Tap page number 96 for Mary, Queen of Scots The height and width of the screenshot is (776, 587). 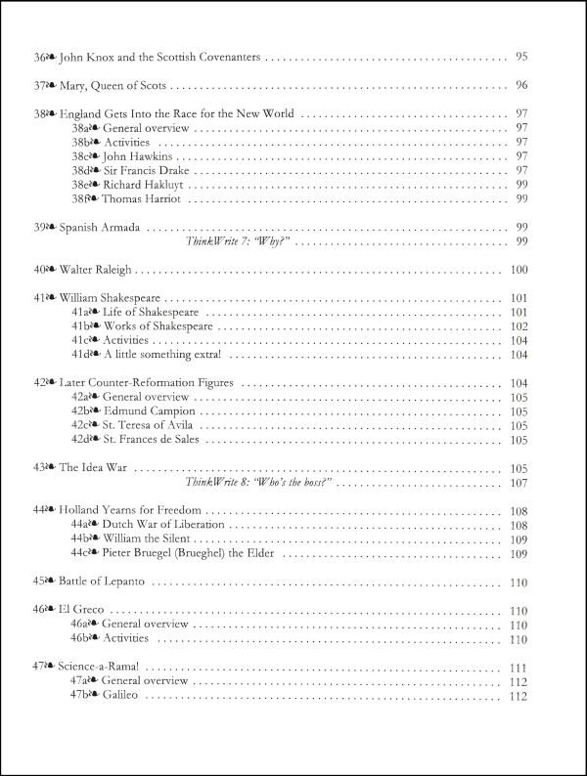(x=520, y=85)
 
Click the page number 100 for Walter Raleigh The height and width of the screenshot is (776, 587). (x=519, y=270)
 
